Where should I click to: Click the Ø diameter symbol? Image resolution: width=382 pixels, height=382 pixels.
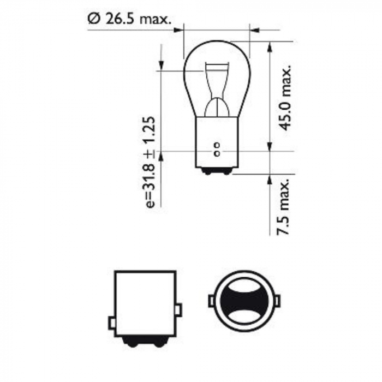pyautogui.click(x=93, y=19)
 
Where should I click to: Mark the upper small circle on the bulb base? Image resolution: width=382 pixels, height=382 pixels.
pyautogui.click(x=217, y=145)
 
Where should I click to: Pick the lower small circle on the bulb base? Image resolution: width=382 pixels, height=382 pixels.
pyautogui.click(x=217, y=154)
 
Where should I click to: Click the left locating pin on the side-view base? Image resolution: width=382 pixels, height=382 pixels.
pyautogui.click(x=112, y=323)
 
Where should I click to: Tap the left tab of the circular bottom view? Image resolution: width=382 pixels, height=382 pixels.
pyautogui.click(x=211, y=301)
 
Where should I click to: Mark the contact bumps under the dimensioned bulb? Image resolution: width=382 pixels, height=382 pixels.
pyautogui.click(x=217, y=171)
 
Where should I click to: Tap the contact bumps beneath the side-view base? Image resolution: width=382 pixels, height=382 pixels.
pyautogui.click(x=145, y=341)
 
